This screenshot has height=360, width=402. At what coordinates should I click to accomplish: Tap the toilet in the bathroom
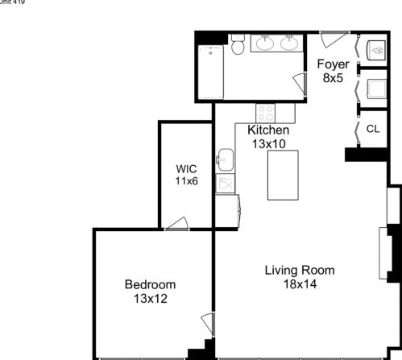pos(237,47)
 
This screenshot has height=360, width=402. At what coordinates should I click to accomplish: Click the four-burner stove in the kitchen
pos(267,113)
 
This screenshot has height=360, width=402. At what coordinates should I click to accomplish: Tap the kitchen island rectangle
pos(283,175)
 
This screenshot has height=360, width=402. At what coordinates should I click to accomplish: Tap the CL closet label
pos(373,129)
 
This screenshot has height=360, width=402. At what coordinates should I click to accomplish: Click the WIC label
pos(186,169)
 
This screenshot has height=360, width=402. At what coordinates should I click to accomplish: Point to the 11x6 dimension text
pos(186,181)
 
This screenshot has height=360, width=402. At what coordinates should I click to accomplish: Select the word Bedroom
pos(150,284)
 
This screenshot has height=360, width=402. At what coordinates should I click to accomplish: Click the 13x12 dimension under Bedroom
pos(150,298)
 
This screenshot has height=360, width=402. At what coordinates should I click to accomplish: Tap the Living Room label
pos(299,271)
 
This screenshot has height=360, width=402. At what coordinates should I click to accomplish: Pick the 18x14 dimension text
pos(299,284)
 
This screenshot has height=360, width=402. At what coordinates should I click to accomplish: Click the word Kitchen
pos(268,130)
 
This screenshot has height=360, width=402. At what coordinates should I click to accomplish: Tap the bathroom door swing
pos(300,83)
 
